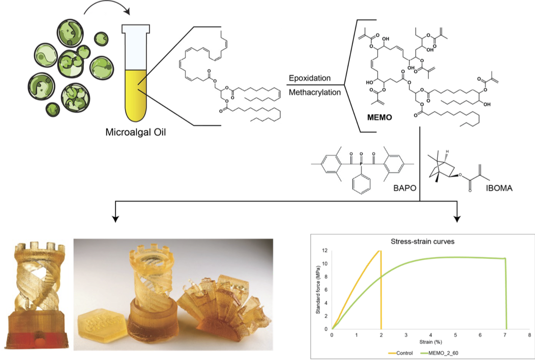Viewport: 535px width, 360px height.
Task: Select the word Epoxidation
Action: (310, 78)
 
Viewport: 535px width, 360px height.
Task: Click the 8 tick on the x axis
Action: (529, 335)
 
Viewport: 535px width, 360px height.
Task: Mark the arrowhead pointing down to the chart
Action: (458, 219)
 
